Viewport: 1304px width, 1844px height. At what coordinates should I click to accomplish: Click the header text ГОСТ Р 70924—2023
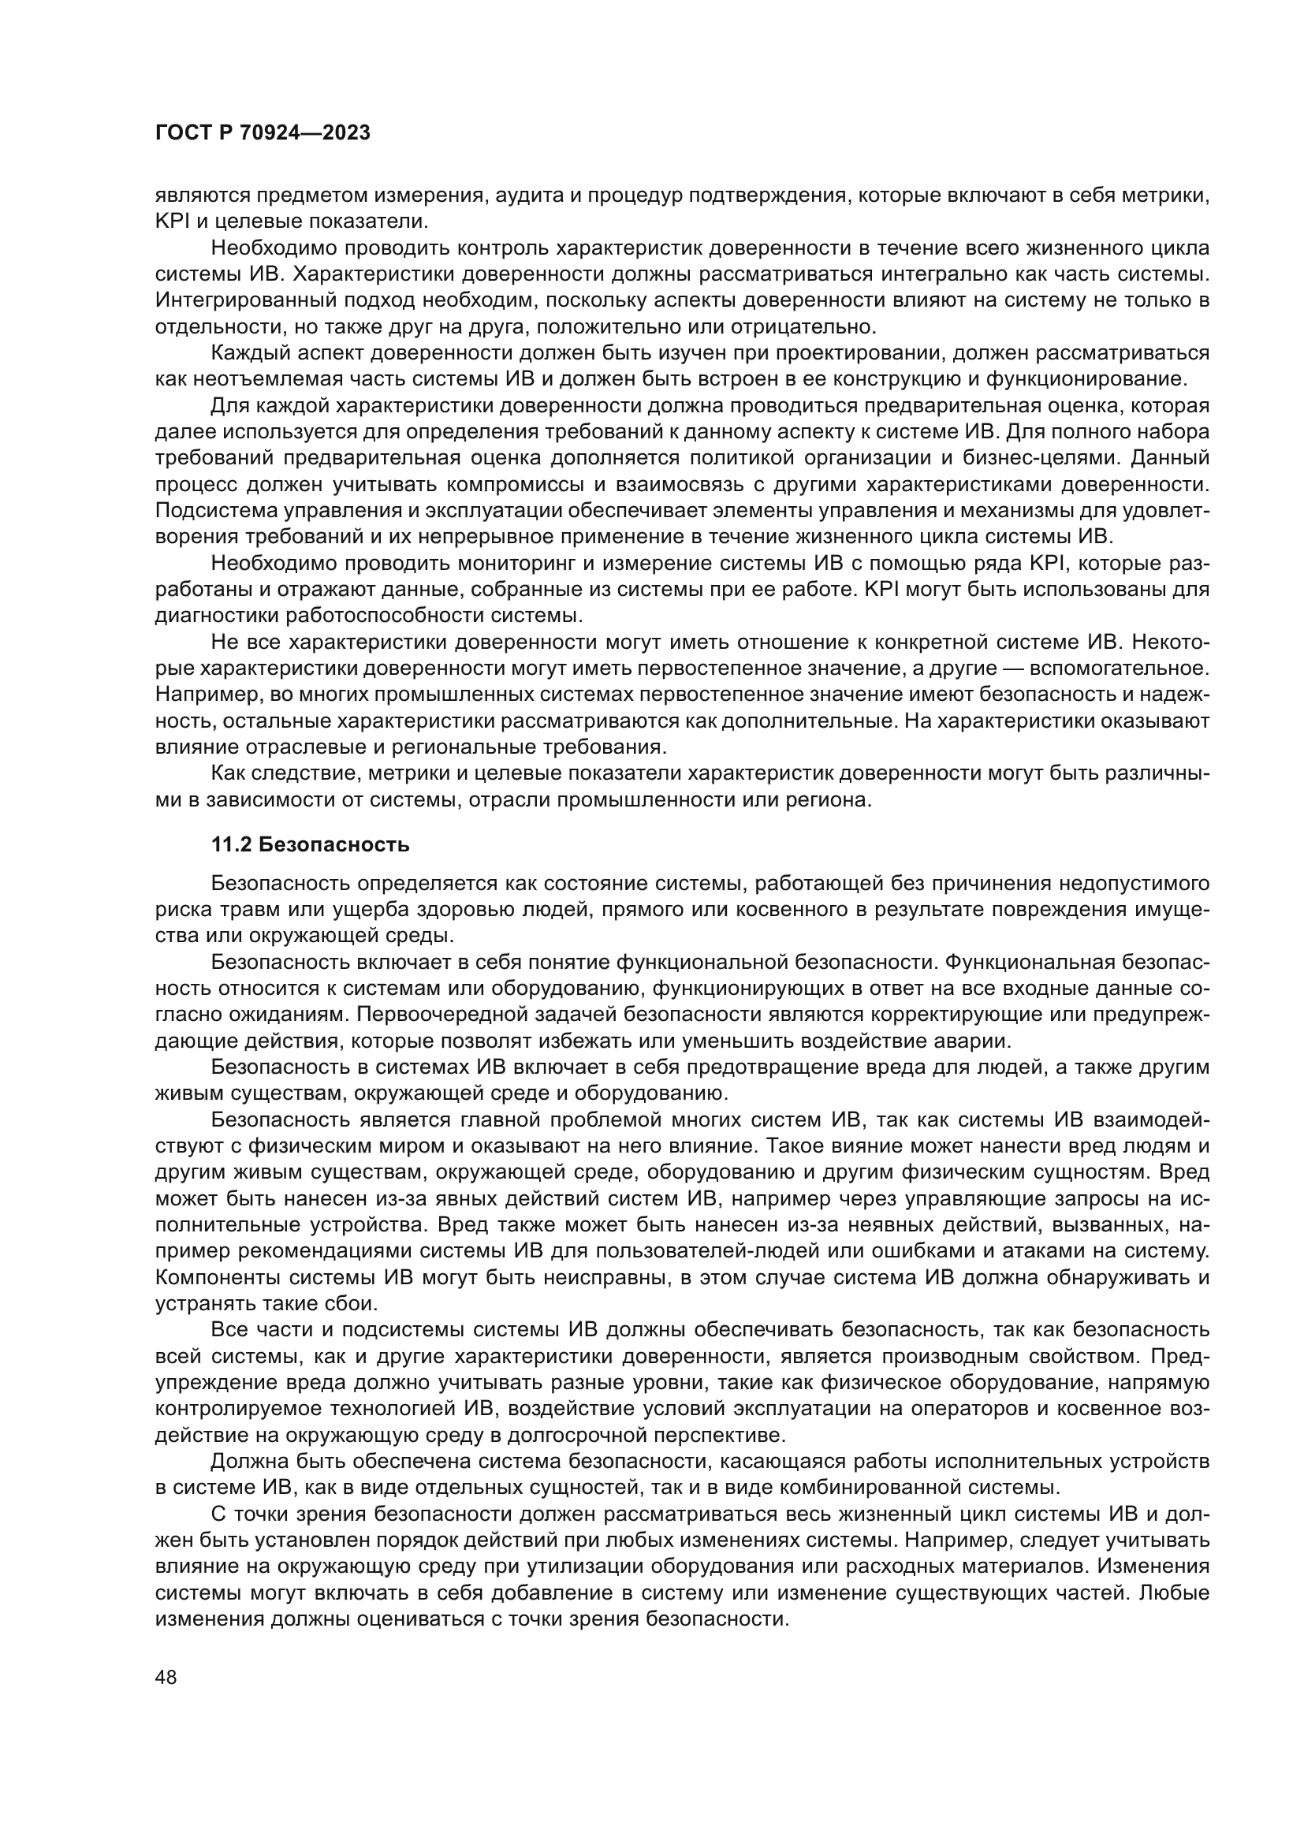click(x=262, y=133)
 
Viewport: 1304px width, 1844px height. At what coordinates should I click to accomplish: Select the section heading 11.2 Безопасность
click(x=310, y=844)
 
